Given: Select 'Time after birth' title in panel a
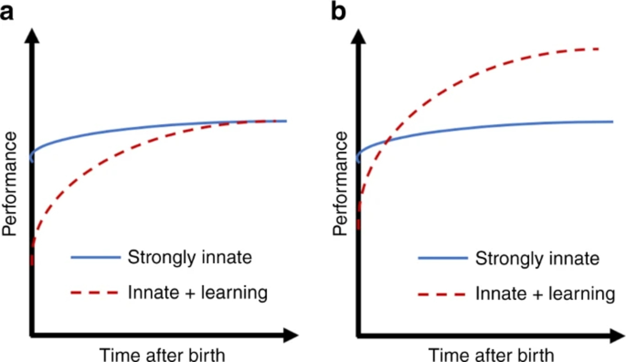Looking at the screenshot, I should [x=163, y=354].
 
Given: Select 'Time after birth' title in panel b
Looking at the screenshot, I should [x=491, y=354].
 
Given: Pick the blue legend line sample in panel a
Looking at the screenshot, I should [x=95, y=258].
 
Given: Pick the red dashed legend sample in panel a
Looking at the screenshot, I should [x=95, y=293].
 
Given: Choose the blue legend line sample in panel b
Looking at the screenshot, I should [x=442, y=258].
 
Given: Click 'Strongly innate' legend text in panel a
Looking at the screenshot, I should [x=190, y=258].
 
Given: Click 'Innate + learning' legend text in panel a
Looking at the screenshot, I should [x=197, y=293].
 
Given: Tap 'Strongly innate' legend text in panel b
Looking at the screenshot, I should [x=537, y=258].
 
